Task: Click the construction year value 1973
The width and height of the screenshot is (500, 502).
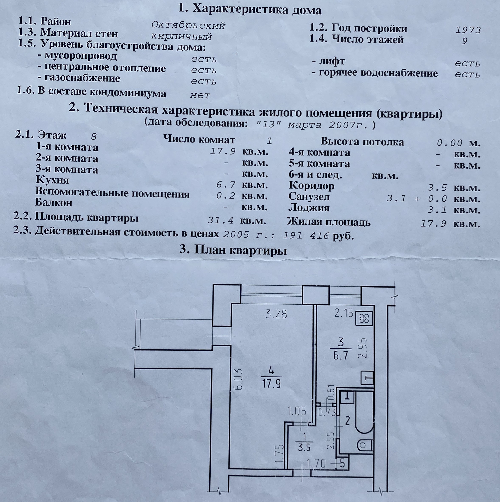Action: pyautogui.click(x=468, y=30)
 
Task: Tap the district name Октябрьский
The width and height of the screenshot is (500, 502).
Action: pyautogui.click(x=188, y=25)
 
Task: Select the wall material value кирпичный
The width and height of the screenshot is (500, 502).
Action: pyautogui.click(x=182, y=36)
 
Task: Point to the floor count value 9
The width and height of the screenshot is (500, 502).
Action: pyautogui.click(x=464, y=41)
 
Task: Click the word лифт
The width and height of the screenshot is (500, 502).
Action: pyautogui.click(x=332, y=62)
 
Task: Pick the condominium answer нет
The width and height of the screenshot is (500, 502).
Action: pyautogui.click(x=200, y=95)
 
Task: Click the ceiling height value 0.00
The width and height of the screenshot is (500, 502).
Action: pyautogui.click(x=449, y=143)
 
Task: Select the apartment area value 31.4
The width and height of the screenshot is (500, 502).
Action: pyautogui.click(x=220, y=220)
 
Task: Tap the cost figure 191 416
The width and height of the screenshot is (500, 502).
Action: pyautogui.click(x=306, y=236)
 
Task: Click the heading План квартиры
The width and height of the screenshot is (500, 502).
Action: pyautogui.click(x=233, y=251)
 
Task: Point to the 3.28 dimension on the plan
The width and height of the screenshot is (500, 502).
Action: pyautogui.click(x=276, y=314)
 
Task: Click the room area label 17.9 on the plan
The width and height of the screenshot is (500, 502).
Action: pyautogui.click(x=271, y=384)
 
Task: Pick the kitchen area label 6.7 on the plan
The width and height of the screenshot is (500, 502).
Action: pyautogui.click(x=341, y=355)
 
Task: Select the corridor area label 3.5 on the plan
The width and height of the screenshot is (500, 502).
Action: pyautogui.click(x=304, y=448)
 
